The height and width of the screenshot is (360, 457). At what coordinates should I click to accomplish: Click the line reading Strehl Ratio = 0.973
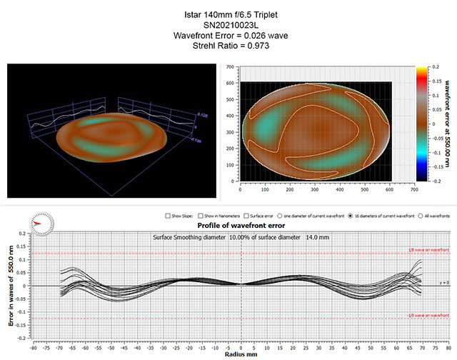[x=228, y=45]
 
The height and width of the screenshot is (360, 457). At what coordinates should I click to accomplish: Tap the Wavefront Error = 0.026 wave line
[x=228, y=35]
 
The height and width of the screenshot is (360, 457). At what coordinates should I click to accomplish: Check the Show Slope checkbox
[x=166, y=215]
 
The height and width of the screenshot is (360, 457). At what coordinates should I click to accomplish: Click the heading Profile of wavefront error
[x=233, y=224]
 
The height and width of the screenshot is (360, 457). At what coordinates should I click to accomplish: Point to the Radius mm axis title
[x=241, y=354]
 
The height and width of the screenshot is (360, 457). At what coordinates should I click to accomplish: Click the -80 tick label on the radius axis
[x=33, y=346]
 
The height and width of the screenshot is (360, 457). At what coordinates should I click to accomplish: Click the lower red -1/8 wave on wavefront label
[x=428, y=316]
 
